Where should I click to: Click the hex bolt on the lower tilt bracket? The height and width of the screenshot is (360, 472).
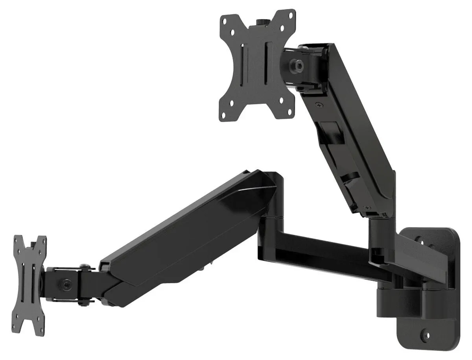(x=67, y=283)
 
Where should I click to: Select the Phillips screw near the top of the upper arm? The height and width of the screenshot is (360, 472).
(x=319, y=105)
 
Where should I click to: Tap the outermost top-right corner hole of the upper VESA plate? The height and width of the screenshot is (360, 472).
(x=291, y=16)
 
